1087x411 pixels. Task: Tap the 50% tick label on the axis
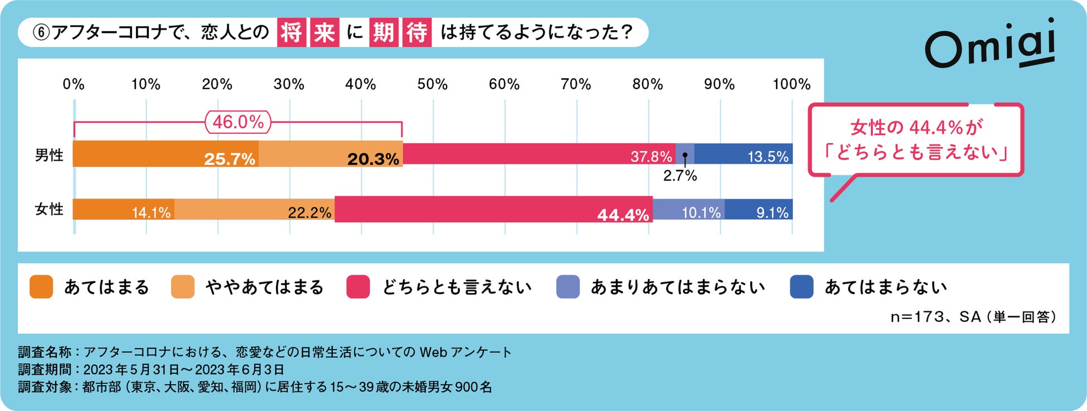(x=433, y=84)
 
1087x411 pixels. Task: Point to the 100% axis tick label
(x=791, y=84)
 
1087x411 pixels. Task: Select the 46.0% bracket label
(x=238, y=122)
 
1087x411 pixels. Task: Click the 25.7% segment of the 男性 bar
(x=166, y=154)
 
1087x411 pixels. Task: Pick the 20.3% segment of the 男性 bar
(x=331, y=154)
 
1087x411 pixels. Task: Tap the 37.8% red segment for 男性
(x=538, y=154)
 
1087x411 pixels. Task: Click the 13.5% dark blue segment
(x=744, y=154)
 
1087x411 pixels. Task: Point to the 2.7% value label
(x=680, y=176)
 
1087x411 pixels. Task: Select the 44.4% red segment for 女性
(x=493, y=209)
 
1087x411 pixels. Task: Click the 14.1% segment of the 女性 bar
(x=124, y=209)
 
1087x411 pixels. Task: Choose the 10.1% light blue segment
(x=688, y=209)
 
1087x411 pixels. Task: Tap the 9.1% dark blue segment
(x=759, y=209)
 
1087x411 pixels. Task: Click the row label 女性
(x=49, y=209)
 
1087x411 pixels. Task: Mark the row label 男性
(x=49, y=155)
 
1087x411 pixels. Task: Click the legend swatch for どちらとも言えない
(x=358, y=287)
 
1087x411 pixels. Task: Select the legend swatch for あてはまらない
(x=802, y=287)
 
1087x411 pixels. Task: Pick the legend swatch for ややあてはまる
(x=183, y=287)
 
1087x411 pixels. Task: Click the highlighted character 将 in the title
(x=292, y=32)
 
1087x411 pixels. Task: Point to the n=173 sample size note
(x=973, y=317)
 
